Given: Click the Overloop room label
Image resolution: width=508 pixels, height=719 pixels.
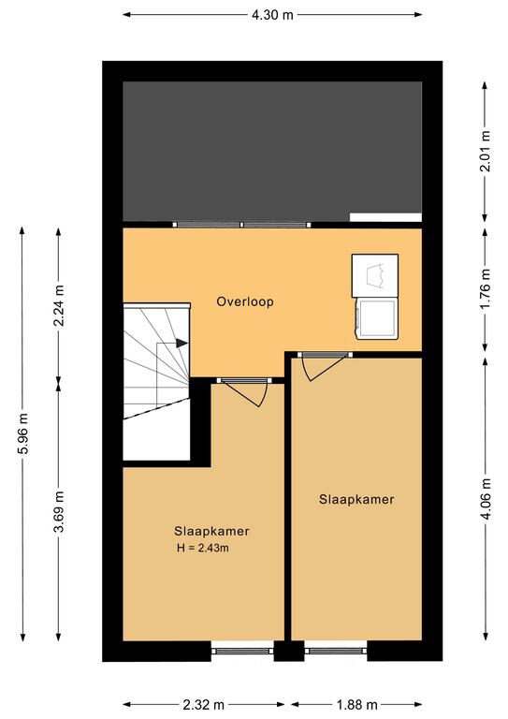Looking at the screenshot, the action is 245,301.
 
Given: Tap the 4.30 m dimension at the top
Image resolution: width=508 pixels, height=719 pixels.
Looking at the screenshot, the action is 272,15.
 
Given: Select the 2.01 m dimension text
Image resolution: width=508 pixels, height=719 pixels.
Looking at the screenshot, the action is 486,151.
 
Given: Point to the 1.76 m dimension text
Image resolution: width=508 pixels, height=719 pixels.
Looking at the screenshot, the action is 486,289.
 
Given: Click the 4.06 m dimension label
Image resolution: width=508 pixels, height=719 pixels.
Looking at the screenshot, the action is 486,498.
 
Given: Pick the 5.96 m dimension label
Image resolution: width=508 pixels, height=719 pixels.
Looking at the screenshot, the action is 22,433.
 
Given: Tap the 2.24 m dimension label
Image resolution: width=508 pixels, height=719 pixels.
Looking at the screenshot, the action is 59,305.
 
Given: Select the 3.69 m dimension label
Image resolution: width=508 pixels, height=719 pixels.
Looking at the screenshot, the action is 59,511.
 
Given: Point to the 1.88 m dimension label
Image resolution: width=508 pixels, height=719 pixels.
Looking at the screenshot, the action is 356,704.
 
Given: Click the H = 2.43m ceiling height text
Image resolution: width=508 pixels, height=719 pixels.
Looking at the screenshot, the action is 203,548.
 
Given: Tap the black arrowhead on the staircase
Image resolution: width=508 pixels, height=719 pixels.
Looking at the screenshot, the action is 181,343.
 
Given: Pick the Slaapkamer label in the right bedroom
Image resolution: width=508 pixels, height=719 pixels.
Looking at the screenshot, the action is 356,499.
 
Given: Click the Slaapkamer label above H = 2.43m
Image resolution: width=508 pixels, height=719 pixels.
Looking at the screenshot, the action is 211,531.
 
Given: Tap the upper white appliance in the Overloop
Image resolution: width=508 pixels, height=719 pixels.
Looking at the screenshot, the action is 375,275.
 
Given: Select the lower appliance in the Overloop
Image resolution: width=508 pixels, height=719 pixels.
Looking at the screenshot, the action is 376,318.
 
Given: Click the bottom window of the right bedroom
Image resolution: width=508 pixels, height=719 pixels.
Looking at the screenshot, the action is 336,651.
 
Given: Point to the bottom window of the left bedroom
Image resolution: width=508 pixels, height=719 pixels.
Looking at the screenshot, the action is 242,651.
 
